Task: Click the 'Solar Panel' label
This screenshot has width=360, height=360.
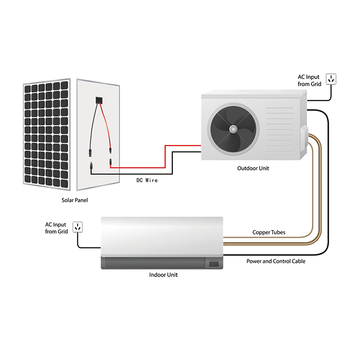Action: (x=74, y=200)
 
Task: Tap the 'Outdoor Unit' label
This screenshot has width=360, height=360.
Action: (x=253, y=168)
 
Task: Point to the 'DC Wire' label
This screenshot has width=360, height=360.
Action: (x=146, y=180)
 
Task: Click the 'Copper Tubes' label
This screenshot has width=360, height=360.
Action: (x=269, y=232)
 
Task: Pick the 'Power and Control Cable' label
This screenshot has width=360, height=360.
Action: (x=276, y=261)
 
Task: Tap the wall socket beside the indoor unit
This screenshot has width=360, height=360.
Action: (x=78, y=227)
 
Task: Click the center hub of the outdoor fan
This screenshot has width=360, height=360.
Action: (x=233, y=129)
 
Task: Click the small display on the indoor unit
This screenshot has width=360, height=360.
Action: (x=214, y=263)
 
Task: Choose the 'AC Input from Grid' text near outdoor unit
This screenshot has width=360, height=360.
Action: (x=310, y=81)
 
